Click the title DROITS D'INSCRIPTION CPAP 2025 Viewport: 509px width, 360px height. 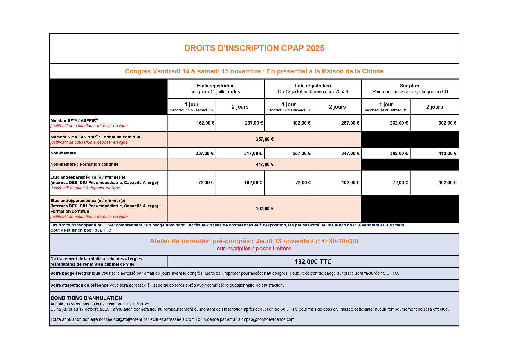coord(254,48)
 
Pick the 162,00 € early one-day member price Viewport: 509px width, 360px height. coord(205,123)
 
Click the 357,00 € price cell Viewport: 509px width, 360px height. coord(264,139)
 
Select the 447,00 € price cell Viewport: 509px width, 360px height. coord(264,165)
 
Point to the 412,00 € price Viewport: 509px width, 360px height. coord(447,154)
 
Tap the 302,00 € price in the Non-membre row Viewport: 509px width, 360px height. coord(399,154)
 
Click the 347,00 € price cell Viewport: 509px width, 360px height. coord(350,154)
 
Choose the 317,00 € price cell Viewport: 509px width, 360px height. coord(253,154)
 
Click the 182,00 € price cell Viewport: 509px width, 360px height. coord(302,123)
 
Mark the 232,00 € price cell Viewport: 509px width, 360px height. coord(399,123)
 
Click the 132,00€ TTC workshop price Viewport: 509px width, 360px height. coord(313,262)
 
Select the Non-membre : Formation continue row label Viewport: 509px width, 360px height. coord(84,165)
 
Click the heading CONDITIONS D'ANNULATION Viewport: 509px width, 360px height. coord(86,298)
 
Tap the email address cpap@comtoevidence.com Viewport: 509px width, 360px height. coord(269,320)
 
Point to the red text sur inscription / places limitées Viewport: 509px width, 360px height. coord(254,249)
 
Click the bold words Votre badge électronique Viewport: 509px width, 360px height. coord(75,273)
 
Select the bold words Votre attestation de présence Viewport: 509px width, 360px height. coord(79,285)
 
